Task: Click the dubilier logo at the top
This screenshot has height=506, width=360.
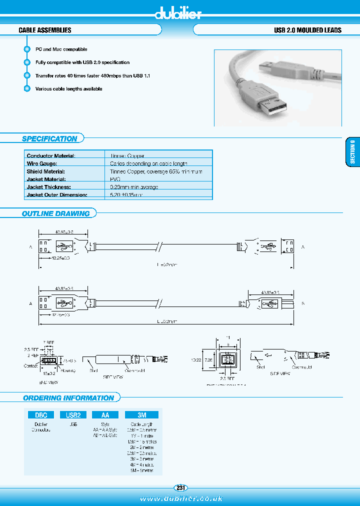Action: [178, 13]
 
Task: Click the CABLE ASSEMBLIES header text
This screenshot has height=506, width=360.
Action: [45, 30]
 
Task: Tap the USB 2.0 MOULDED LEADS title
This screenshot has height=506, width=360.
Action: [307, 30]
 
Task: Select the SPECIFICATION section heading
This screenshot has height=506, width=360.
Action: [49, 139]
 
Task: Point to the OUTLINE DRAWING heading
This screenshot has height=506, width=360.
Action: [55, 213]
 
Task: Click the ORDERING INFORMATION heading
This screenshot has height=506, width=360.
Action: [68, 398]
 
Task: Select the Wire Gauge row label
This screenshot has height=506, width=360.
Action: [42, 163]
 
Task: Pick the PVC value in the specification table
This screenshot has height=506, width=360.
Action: [115, 179]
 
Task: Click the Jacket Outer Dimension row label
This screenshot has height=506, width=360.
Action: [57, 194]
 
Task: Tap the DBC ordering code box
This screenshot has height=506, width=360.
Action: [40, 414]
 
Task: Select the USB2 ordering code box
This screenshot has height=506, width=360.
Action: [73, 414]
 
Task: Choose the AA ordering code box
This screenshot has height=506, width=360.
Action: [105, 414]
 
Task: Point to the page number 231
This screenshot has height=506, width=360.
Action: [180, 487]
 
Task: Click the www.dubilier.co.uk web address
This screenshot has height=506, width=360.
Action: [180, 498]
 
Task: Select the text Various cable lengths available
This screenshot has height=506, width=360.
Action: [68, 89]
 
